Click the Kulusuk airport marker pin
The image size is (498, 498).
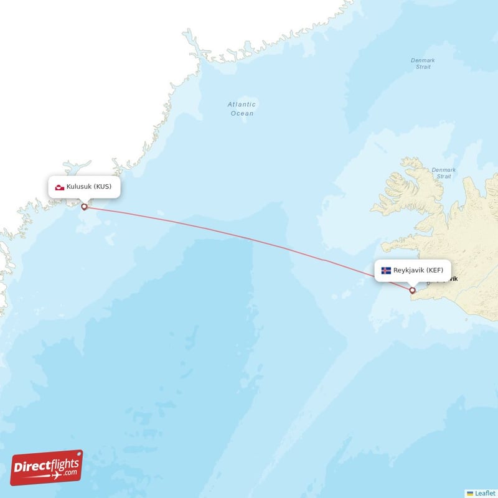click(x=84, y=207)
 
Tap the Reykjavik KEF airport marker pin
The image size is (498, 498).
click(x=412, y=290)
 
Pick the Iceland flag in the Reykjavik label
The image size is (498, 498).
click(x=386, y=271)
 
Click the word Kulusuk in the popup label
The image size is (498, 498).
click(x=80, y=187)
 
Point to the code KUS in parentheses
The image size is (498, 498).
click(x=103, y=187)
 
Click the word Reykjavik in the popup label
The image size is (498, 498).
click(x=408, y=271)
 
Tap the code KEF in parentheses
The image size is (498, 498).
click(x=435, y=271)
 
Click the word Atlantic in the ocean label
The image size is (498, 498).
click(x=241, y=105)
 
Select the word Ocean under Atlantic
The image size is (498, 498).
click(x=242, y=113)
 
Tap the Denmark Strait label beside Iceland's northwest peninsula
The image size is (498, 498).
click(x=443, y=173)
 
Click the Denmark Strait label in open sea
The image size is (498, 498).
click(x=423, y=63)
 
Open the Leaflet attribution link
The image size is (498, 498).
click(x=484, y=492)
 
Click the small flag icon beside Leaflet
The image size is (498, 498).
click(x=470, y=492)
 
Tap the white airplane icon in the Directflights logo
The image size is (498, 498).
click(x=57, y=475)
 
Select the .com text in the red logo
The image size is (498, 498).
click(x=70, y=473)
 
